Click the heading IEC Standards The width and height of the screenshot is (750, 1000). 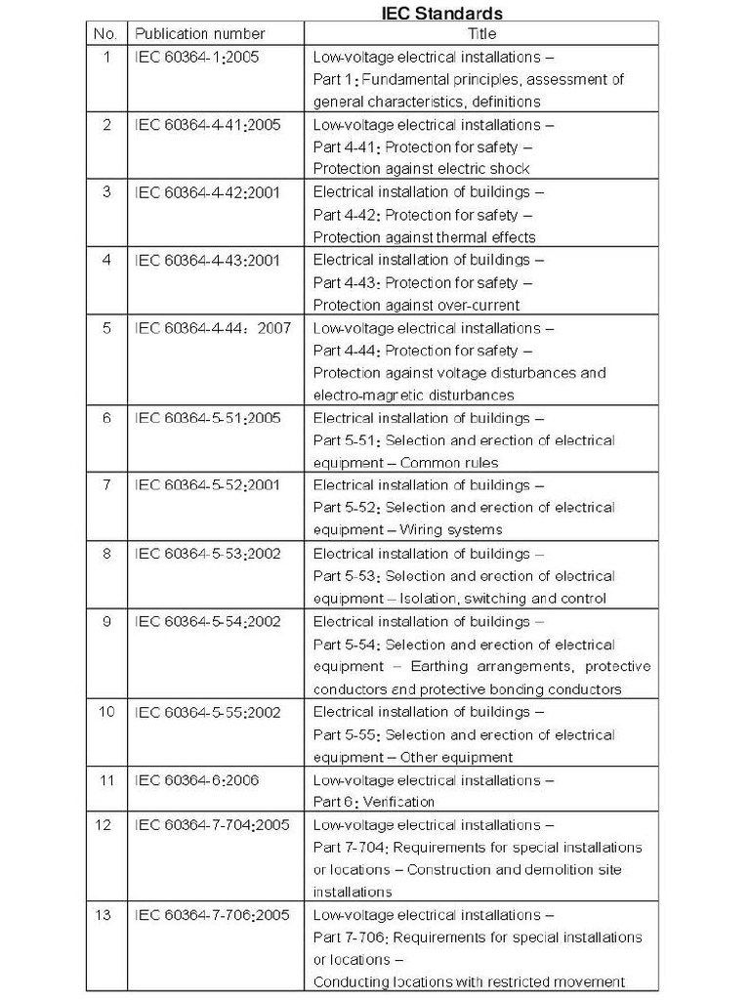441,13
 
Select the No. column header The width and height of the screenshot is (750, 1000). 105,34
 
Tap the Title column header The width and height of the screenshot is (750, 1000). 482,34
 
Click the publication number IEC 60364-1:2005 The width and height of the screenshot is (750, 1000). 196,57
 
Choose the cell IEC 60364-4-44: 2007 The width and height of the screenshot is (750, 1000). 212,328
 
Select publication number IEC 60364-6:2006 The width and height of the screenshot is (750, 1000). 196,780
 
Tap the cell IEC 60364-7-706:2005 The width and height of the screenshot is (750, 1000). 212,915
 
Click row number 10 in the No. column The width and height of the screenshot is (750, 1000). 106,712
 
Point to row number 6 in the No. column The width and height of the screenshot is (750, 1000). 106,418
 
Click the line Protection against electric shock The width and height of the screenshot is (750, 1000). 421,169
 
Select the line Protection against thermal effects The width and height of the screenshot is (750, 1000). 424,237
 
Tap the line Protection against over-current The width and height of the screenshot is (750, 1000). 416,305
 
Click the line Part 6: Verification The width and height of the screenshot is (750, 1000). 373,803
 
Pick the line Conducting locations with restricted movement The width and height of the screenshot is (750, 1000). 469,982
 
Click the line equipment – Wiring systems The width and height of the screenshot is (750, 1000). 407,530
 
